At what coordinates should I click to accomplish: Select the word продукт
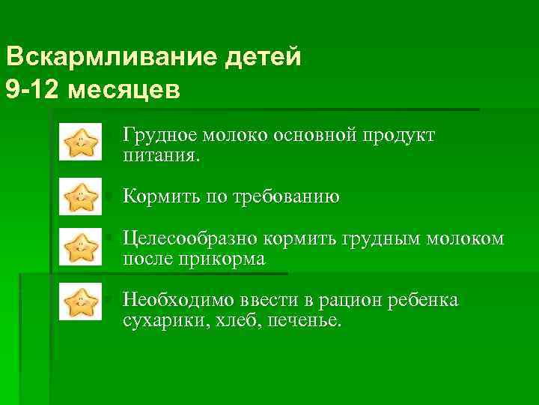(400, 136)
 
